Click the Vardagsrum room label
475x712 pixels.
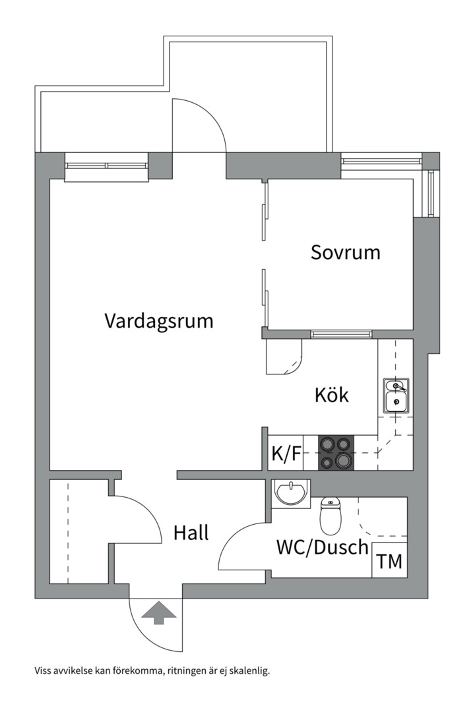click(x=159, y=321)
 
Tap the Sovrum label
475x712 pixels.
click(x=346, y=252)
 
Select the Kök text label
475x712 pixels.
click(x=331, y=396)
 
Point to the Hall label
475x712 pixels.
click(x=191, y=533)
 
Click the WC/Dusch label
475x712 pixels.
click(x=322, y=547)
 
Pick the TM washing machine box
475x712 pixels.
click(x=389, y=562)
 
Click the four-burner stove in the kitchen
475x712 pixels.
click(x=336, y=454)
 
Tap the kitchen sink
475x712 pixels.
click(x=396, y=396)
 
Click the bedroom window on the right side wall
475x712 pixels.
click(x=429, y=194)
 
